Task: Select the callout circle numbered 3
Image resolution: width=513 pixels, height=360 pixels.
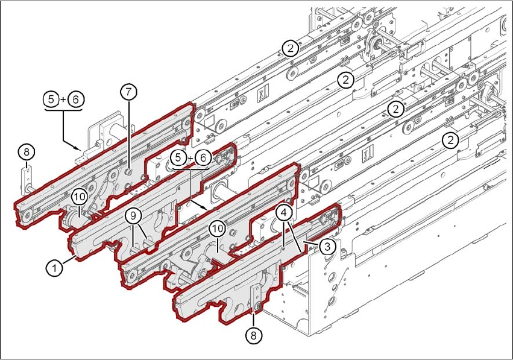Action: point(326,247)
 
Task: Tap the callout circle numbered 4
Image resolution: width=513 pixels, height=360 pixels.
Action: point(285,213)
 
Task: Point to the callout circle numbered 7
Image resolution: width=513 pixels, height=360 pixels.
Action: point(128,92)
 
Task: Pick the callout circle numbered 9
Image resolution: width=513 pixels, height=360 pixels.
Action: point(134,215)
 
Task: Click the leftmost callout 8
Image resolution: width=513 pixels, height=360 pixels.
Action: point(25,151)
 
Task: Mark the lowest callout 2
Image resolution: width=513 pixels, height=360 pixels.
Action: point(449,141)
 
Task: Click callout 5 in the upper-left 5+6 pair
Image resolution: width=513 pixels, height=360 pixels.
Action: point(52,98)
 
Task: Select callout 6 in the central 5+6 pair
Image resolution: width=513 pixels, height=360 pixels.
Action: point(203,158)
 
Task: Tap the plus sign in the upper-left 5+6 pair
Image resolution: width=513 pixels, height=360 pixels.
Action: point(63,98)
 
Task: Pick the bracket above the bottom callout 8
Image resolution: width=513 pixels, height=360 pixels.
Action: point(255,297)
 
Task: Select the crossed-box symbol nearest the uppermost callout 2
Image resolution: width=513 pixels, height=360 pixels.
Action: point(261,95)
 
